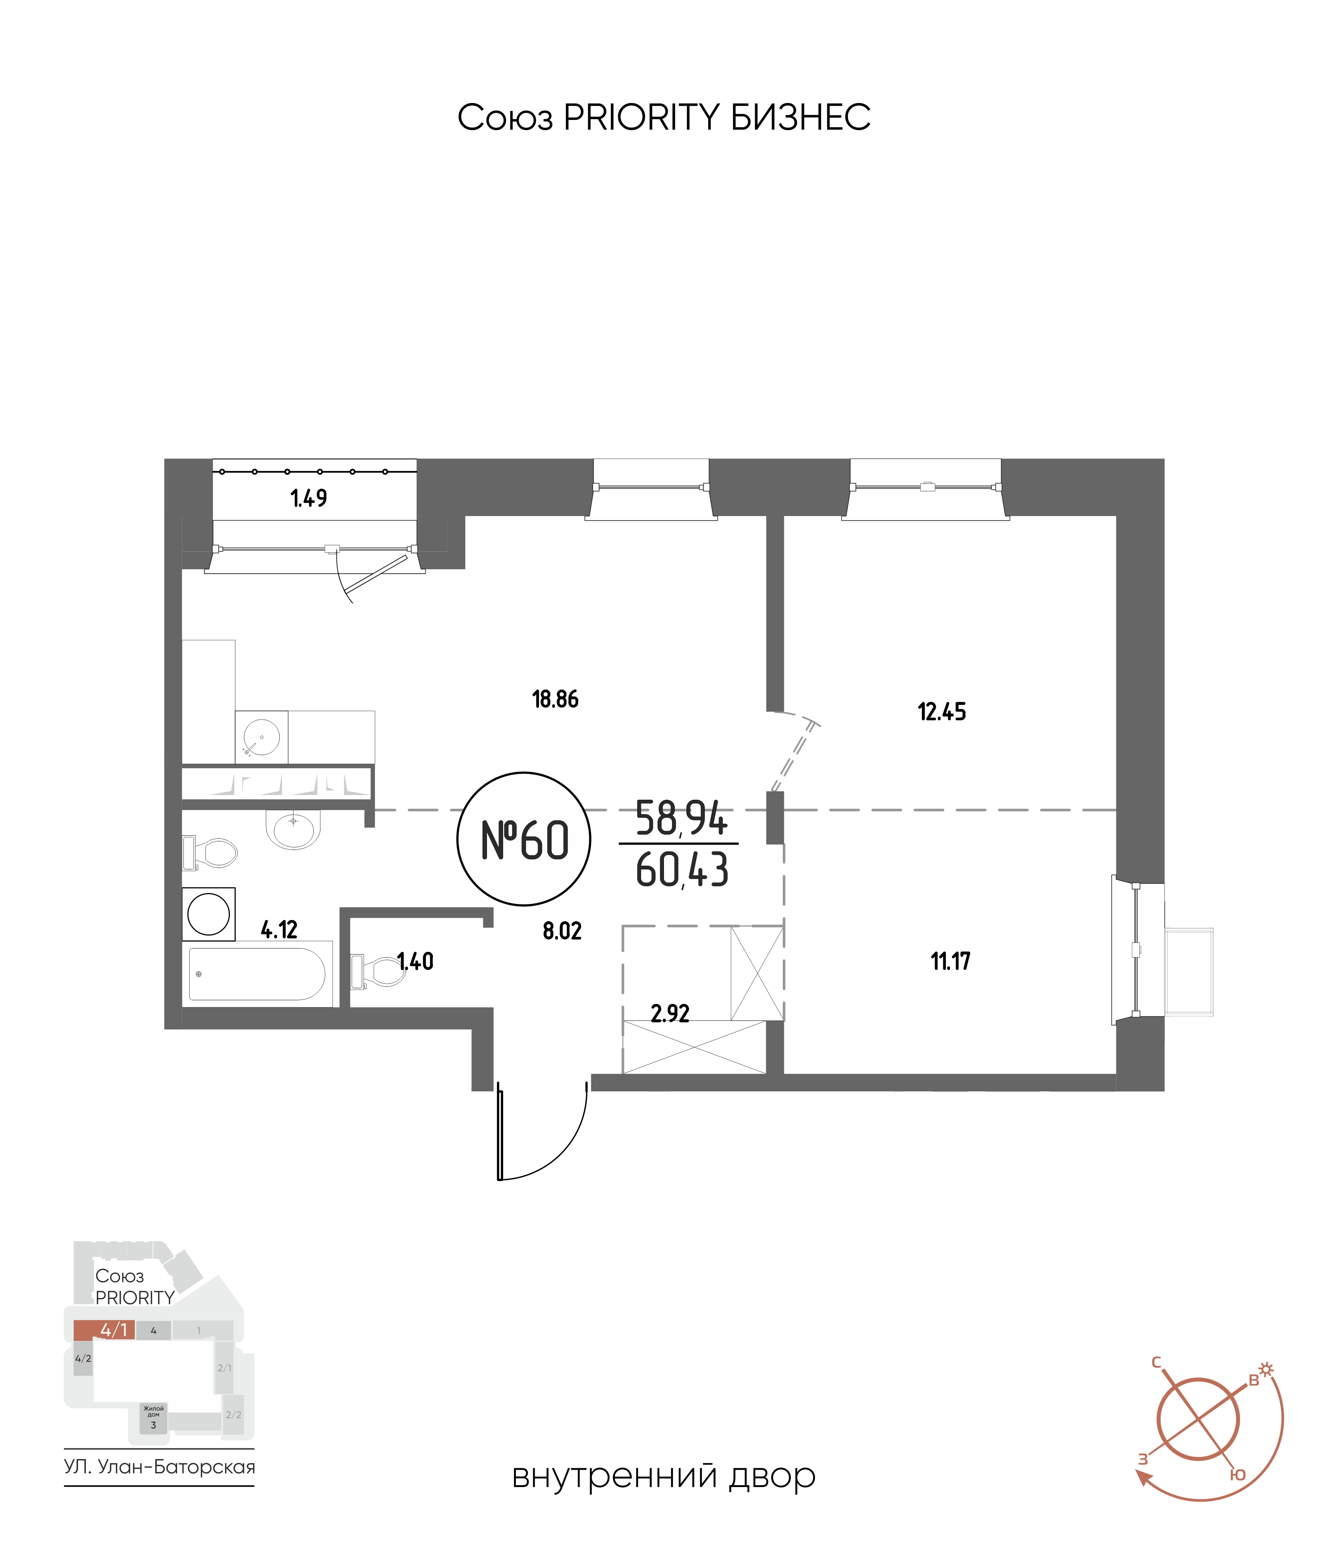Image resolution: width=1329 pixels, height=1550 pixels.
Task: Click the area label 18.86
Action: click(555, 699)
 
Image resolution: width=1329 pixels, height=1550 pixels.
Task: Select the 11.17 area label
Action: click(950, 961)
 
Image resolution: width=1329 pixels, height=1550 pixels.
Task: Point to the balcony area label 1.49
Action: click(308, 497)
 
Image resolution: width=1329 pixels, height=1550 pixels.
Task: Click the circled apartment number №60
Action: click(524, 839)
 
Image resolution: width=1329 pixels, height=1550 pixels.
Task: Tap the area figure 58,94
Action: click(681, 818)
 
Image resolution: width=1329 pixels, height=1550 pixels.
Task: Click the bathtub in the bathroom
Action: click(257, 973)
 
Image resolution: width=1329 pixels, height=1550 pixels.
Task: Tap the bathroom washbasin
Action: click(293, 829)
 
